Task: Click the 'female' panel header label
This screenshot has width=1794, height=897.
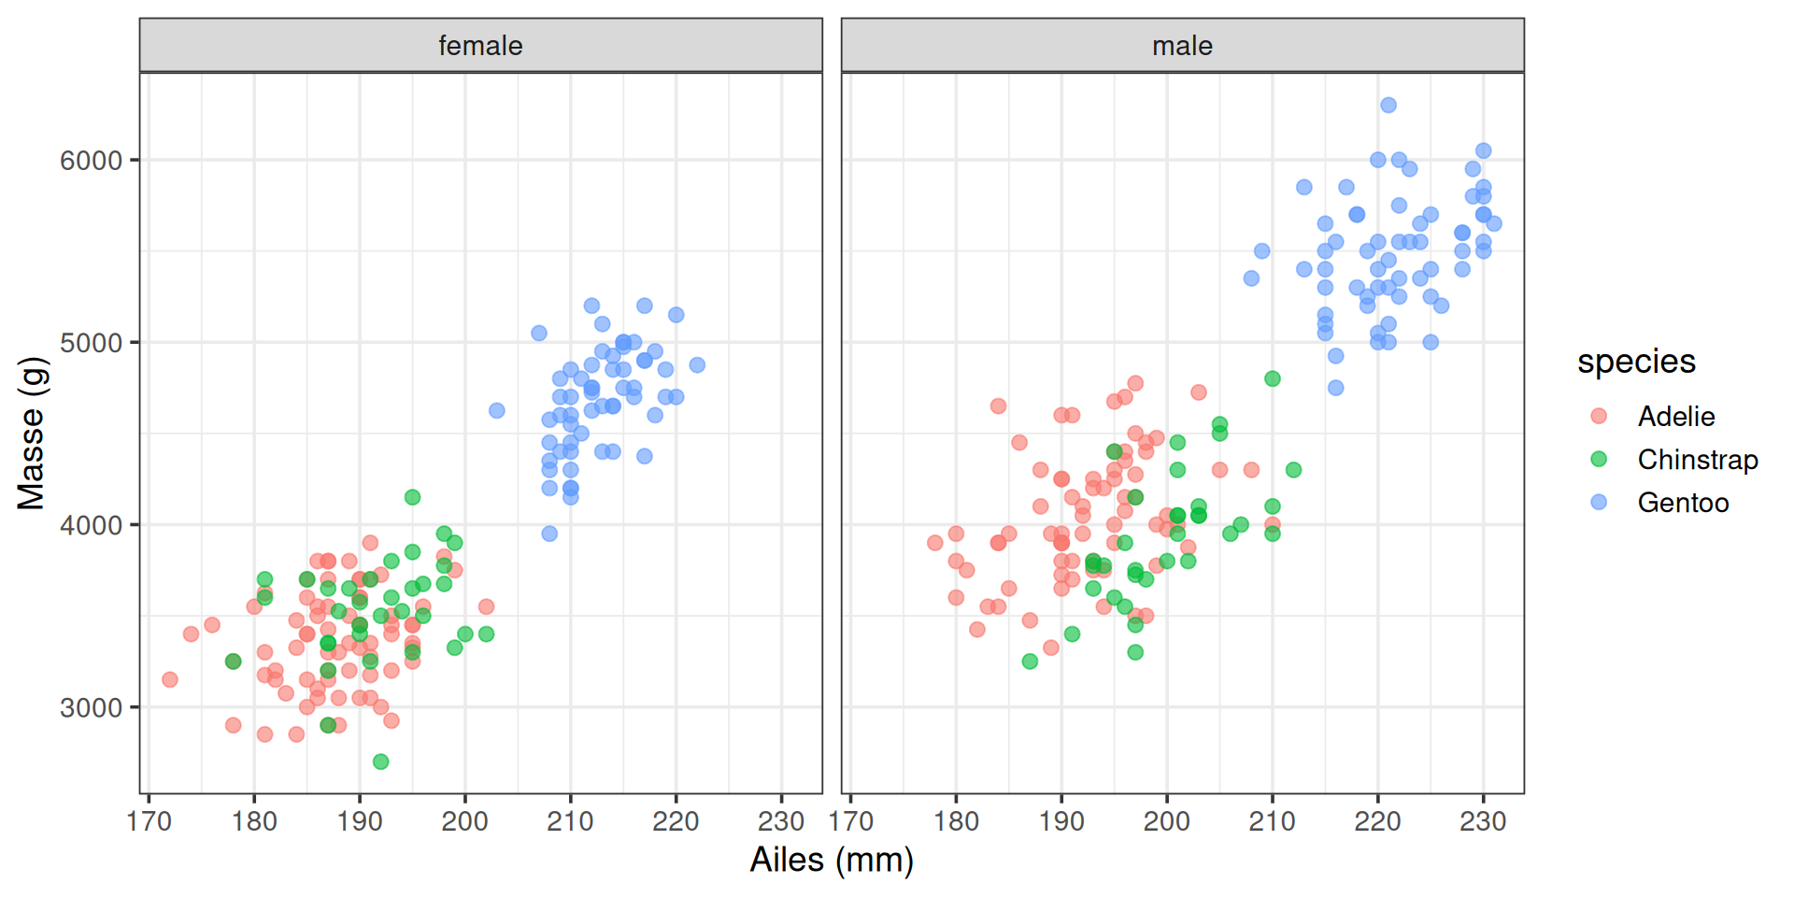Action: point(480,46)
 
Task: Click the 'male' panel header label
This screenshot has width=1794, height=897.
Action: point(1182,46)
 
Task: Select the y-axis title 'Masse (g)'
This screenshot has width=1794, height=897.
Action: point(32,433)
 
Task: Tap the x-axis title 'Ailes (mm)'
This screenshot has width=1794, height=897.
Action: point(832,860)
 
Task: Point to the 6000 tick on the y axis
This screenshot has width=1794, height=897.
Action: point(92,161)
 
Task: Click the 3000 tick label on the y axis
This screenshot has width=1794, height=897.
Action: point(92,707)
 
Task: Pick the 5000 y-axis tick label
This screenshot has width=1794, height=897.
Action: point(92,343)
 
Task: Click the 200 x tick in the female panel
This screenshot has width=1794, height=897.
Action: point(465,821)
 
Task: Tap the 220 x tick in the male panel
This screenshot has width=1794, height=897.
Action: point(1377,821)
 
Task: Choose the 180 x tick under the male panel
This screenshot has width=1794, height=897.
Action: point(956,821)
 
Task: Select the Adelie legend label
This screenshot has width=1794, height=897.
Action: point(1676,417)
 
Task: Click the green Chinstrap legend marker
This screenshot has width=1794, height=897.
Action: point(1599,459)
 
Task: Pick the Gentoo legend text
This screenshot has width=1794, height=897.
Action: point(1683,503)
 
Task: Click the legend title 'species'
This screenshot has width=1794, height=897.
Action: point(1636,362)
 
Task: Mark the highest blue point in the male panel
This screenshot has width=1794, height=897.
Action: point(1388,106)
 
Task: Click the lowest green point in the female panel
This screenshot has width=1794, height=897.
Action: point(380,762)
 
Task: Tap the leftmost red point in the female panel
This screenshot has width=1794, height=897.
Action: point(170,679)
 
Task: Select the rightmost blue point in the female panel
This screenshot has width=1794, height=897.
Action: point(697,365)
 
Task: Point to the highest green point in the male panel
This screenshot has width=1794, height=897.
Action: point(1273,378)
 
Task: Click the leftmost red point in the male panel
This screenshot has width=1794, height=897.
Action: point(935,543)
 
